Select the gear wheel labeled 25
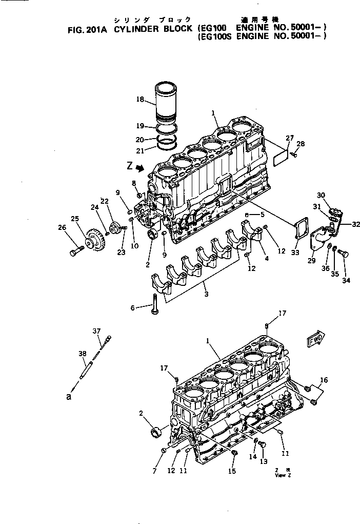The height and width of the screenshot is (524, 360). click(94, 240)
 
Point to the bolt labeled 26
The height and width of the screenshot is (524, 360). click(75, 251)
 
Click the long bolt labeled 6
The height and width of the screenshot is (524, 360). click(155, 306)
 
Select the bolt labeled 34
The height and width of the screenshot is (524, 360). click(343, 254)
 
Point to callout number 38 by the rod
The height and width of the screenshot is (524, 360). click(83, 354)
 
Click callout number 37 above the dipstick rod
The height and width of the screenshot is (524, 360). click(96, 331)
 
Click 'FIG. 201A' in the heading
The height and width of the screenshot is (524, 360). click(89, 30)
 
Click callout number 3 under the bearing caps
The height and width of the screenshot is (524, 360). click(206, 294)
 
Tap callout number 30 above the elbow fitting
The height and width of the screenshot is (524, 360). click(321, 195)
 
